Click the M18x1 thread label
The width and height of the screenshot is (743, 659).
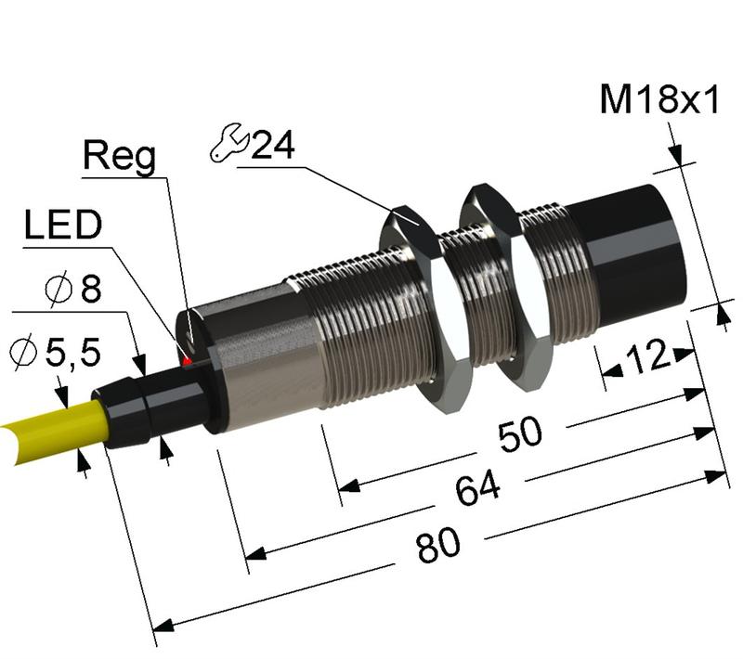659,99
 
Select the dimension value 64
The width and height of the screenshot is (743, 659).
478,489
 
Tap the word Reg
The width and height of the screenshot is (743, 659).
120,157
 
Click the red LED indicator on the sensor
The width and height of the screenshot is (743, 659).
188,359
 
